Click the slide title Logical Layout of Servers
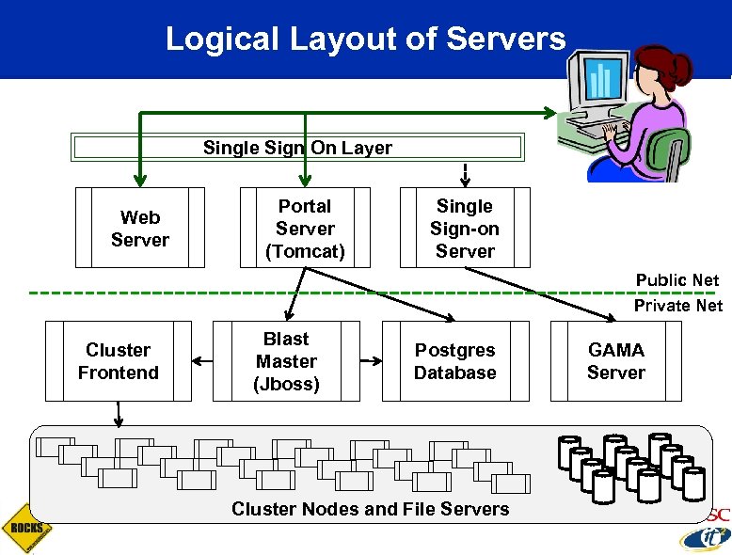pos(365,39)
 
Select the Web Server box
pos(140,229)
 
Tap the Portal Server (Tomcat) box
pos(305,229)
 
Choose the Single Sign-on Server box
pos(465,229)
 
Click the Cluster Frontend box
pos(118,361)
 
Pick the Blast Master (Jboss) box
pos(286,361)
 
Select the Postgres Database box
pos(455,361)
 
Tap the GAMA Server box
pos(616,361)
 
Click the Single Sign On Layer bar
pos(297,148)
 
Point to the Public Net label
pos(677,280)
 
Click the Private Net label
pos(677,305)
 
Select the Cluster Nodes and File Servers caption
pos(370,509)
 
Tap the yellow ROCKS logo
pos(25,529)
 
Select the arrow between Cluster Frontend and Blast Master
pos(201,361)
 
